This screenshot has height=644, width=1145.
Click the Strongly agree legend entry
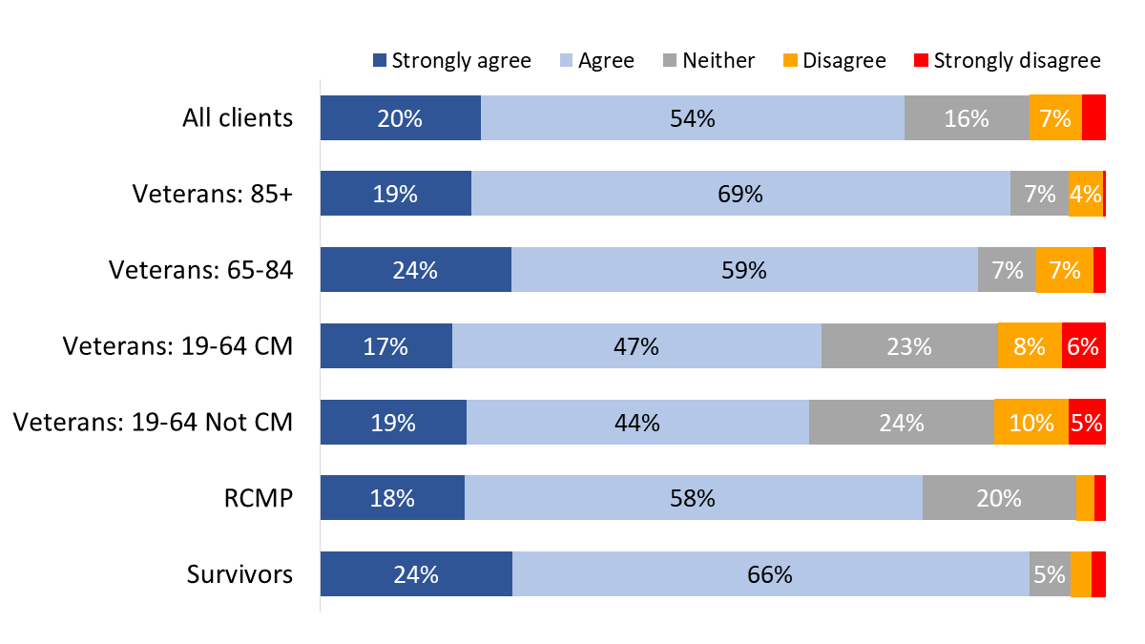451,61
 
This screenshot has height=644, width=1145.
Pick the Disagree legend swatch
791,61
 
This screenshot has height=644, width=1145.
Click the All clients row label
238,118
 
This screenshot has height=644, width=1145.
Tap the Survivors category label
239,574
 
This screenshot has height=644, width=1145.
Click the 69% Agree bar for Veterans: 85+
740,194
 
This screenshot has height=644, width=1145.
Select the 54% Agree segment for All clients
692,118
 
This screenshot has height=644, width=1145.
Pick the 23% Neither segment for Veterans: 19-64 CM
908,346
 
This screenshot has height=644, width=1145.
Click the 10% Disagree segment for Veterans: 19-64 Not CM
1030,423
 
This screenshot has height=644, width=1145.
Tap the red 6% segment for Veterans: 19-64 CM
1083,346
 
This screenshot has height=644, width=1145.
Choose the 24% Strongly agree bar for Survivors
416,574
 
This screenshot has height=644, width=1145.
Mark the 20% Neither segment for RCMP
998,498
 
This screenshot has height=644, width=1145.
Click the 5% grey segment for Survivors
1049,574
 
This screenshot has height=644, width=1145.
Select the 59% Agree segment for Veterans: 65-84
744,270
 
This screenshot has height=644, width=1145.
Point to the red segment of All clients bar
1093,118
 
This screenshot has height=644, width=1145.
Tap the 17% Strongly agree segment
385,346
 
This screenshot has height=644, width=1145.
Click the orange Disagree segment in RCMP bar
1084,498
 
